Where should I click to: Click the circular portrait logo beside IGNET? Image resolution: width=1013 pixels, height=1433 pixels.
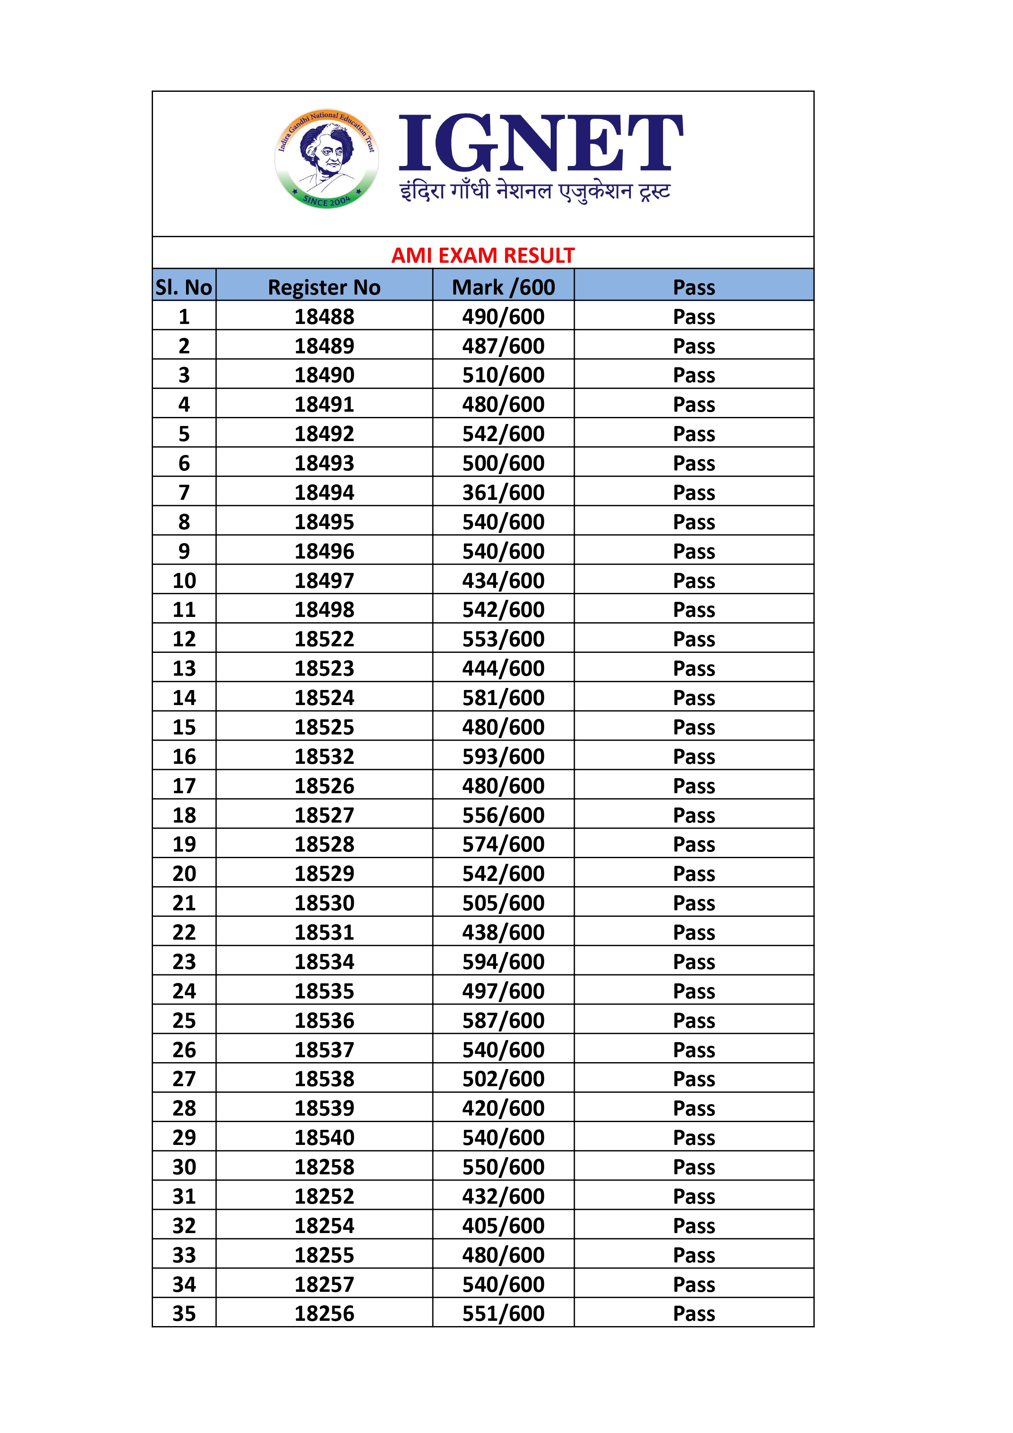click(326, 159)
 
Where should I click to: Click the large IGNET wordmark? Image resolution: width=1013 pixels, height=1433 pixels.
click(541, 144)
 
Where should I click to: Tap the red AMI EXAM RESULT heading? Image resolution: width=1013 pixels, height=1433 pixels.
click(483, 255)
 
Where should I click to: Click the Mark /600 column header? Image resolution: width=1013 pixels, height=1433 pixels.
click(503, 287)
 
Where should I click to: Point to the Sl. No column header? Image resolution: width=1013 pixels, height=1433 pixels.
click(184, 287)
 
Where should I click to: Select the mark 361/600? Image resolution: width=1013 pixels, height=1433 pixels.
click(503, 493)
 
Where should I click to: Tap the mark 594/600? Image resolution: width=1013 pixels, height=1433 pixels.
click(503, 962)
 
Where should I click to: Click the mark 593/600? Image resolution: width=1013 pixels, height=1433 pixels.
click(503, 757)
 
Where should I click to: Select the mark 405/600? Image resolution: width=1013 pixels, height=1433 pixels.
click(503, 1226)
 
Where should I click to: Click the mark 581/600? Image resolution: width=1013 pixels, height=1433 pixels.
click(503, 698)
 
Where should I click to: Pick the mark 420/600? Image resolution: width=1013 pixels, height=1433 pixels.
click(503, 1109)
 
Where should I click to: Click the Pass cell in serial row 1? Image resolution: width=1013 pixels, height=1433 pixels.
click(694, 317)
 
